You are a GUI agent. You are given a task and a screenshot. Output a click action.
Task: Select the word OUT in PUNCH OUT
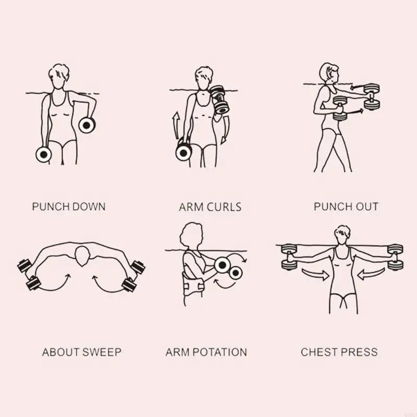click(x=367, y=206)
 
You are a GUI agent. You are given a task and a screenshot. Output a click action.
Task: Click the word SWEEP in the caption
click(x=102, y=352)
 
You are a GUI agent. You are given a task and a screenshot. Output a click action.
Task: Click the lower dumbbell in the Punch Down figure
click(x=44, y=154)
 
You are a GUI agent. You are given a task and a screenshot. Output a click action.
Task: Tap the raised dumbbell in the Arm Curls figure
click(x=219, y=99)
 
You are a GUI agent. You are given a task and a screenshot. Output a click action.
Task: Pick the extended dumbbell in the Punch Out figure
click(x=372, y=96)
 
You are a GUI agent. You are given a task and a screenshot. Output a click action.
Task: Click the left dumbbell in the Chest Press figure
click(x=289, y=257)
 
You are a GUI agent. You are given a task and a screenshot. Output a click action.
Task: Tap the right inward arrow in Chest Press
click(x=371, y=275)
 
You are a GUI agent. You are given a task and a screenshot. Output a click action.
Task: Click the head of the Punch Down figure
click(x=59, y=77)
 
